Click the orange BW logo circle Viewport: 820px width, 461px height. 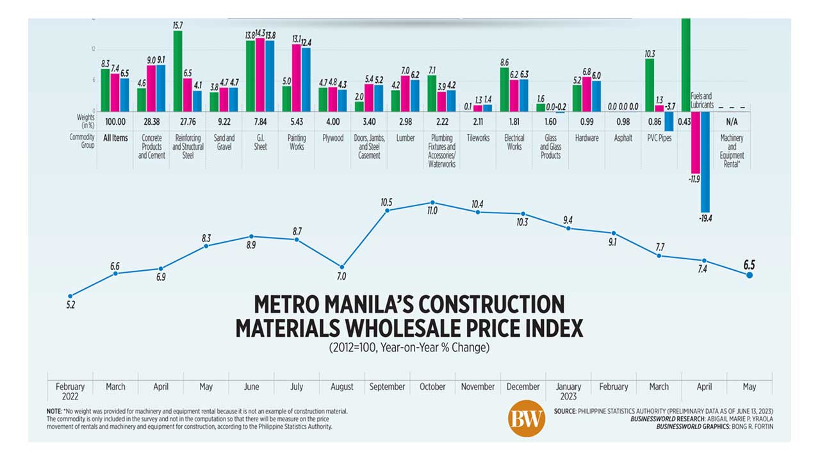[526, 419]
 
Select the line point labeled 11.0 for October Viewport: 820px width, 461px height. [432, 202]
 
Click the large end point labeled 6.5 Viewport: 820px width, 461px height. [750, 275]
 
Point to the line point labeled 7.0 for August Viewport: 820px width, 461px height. [342, 266]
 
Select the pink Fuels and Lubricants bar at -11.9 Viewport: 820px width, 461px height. [695, 142]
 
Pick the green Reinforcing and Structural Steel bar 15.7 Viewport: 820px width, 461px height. [177, 70]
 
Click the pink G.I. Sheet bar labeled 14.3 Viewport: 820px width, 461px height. [260, 75]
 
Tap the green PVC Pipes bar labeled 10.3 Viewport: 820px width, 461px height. [650, 85]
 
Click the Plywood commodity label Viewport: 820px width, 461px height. [332, 138]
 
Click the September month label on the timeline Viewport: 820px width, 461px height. [387, 387]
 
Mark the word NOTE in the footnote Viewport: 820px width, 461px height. [54, 410]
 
